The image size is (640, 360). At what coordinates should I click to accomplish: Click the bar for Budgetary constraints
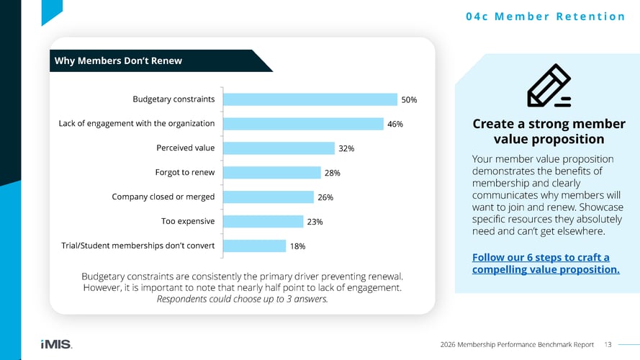point(310,99)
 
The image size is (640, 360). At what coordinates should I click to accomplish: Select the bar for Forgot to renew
point(272,172)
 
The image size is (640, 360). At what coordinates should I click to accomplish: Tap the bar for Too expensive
point(263,221)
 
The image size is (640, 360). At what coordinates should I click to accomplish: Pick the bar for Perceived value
point(279,148)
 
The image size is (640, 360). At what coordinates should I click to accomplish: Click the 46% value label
point(395,124)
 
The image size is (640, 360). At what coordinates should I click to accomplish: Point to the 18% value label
point(297,246)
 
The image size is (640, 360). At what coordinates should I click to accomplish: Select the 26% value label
point(325,197)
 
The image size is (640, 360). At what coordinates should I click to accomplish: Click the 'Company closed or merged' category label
point(163,197)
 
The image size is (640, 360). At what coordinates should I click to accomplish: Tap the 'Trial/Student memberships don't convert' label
point(138,246)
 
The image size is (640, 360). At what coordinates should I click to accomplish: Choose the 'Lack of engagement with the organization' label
point(136,123)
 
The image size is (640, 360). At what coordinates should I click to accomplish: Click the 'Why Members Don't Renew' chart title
point(118,60)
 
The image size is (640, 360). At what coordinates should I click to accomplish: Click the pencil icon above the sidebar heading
point(549,86)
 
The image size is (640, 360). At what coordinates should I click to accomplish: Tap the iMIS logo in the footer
point(56,344)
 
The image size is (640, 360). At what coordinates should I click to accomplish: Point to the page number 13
point(608,344)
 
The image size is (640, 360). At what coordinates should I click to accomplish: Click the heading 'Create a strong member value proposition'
point(549,131)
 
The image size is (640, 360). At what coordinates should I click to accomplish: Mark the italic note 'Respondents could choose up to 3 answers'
point(242,300)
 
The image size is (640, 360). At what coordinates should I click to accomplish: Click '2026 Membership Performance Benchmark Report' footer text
point(516,344)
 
